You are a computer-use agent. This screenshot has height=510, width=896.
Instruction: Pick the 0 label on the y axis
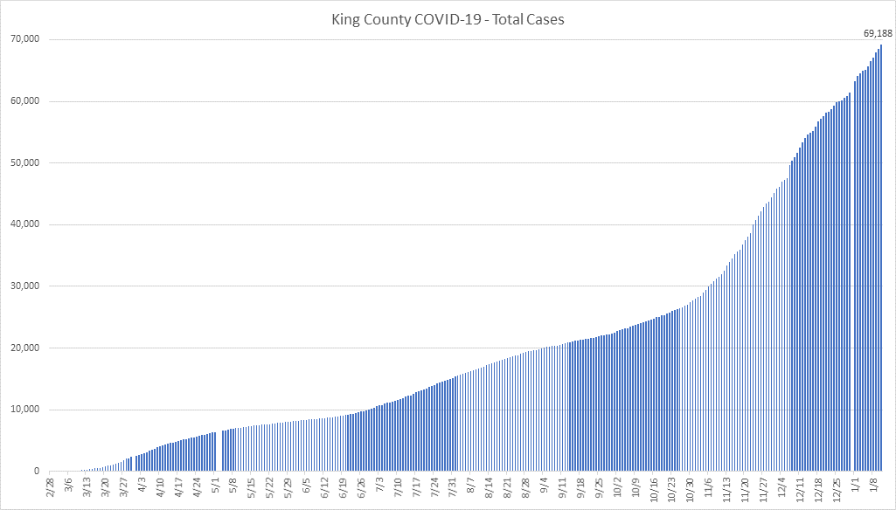[36, 472]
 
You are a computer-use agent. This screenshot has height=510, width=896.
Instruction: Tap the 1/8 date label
[876, 484]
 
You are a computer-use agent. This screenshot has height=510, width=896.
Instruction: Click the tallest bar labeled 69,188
[881, 262]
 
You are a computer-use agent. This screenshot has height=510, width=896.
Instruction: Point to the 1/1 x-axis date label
[858, 484]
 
